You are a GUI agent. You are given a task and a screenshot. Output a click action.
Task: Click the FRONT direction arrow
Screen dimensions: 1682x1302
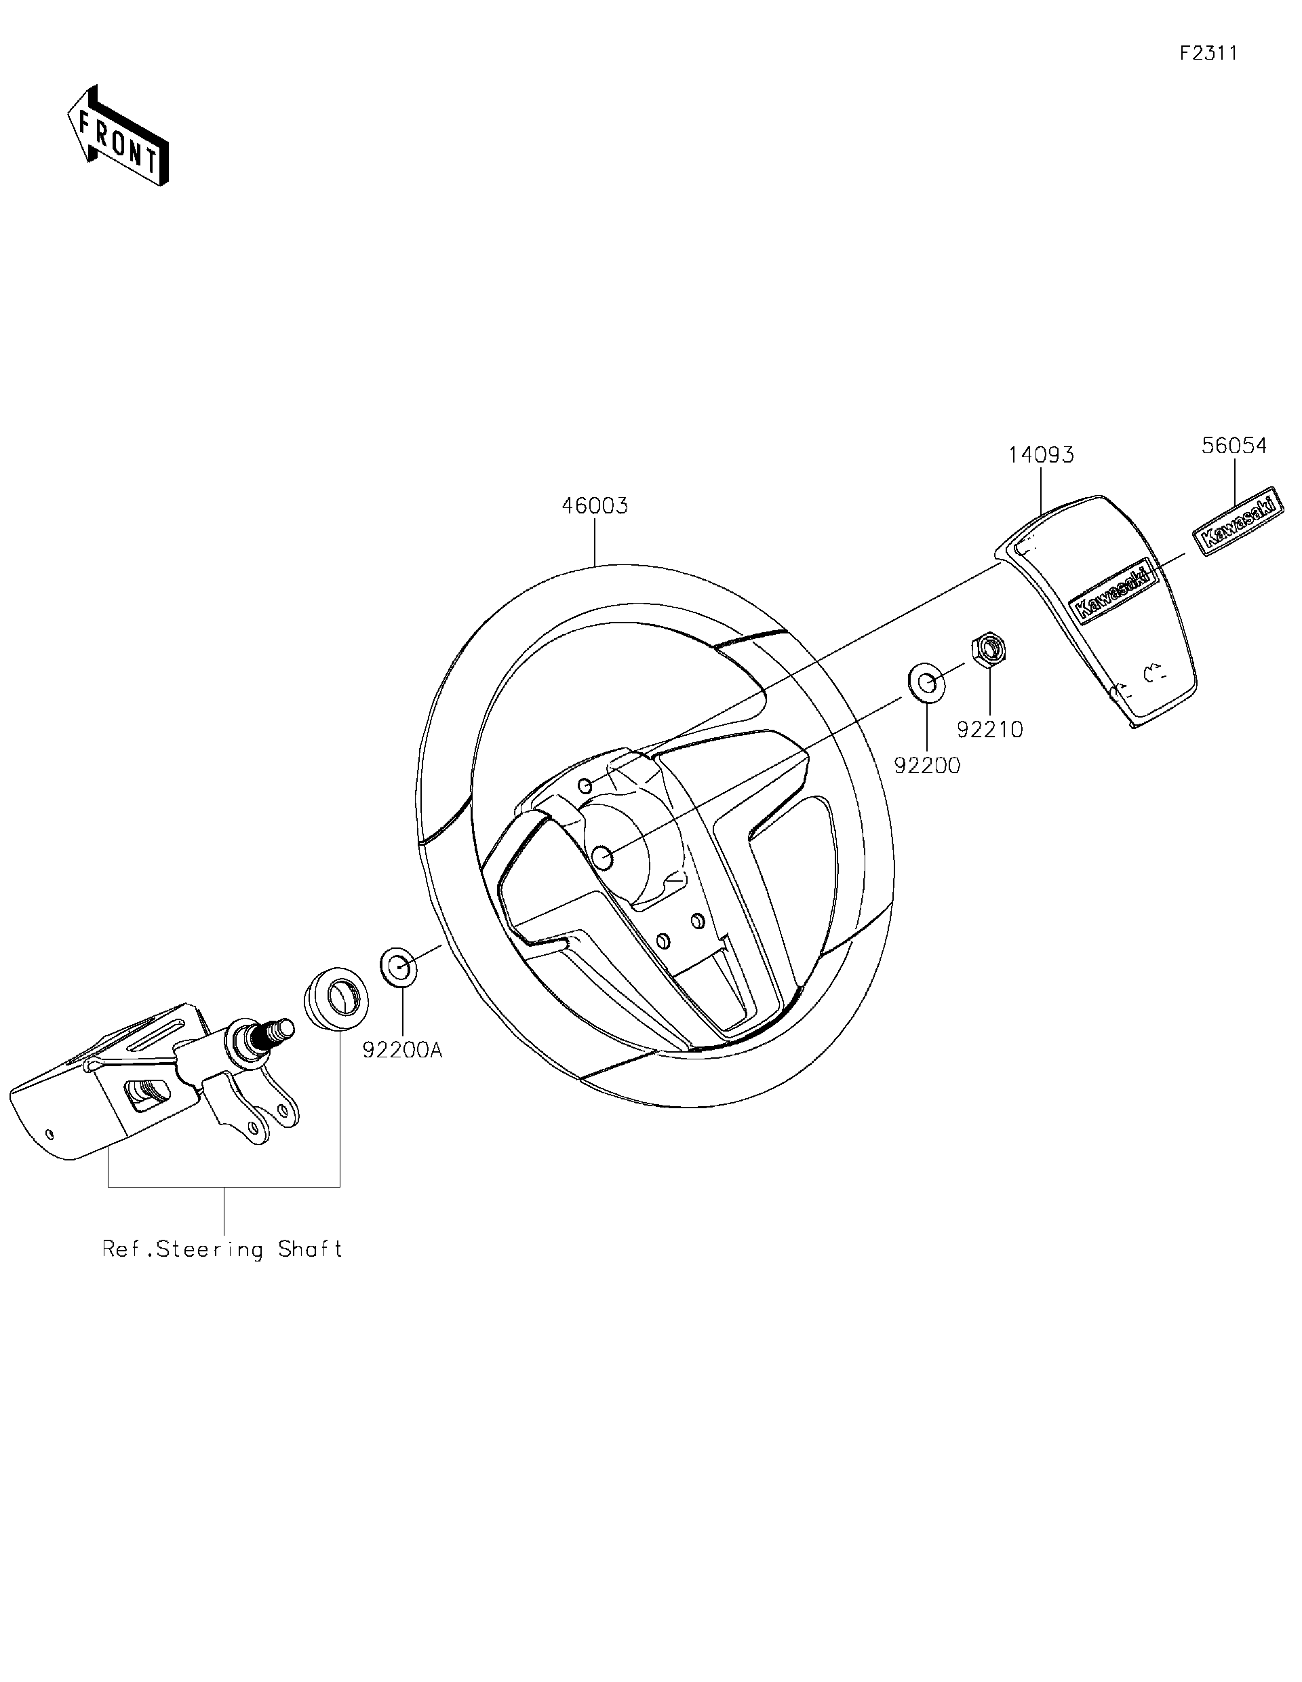(118, 136)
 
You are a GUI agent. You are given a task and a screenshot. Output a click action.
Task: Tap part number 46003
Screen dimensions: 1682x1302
(595, 506)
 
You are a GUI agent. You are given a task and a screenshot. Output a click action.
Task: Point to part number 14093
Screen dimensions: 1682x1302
(1041, 455)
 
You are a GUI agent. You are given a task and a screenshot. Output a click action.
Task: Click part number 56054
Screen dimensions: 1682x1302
(1234, 446)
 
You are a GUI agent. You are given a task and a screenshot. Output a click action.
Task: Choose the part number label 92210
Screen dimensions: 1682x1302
(989, 729)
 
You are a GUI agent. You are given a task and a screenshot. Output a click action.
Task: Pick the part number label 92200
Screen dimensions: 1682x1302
(927, 766)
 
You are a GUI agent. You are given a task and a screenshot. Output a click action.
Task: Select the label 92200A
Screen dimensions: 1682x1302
(403, 1050)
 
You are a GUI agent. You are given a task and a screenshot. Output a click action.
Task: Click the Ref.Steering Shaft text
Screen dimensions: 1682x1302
(222, 1249)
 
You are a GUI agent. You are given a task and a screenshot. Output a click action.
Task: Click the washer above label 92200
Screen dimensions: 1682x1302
(927, 684)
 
